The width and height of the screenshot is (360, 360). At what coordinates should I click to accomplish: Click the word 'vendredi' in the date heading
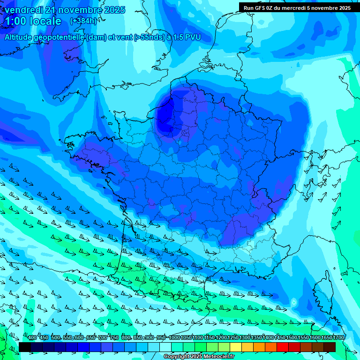(23, 10)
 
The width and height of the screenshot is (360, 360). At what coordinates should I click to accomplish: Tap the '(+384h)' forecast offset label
(83, 21)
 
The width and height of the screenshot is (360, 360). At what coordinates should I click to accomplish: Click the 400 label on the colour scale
(32, 338)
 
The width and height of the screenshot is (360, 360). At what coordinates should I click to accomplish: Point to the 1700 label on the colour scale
(338, 338)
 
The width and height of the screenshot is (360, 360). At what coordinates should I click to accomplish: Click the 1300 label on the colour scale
(245, 338)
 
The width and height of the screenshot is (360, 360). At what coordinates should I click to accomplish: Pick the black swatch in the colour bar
(25, 347)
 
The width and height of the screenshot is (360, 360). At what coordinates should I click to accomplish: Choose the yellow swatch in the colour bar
(236, 347)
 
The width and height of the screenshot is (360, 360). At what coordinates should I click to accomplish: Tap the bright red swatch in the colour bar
(283, 347)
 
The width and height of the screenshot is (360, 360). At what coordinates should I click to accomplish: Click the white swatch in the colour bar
(165, 347)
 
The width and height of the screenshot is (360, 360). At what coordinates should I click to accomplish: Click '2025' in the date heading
(113, 10)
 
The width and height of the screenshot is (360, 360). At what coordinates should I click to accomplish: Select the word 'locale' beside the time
(45, 21)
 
